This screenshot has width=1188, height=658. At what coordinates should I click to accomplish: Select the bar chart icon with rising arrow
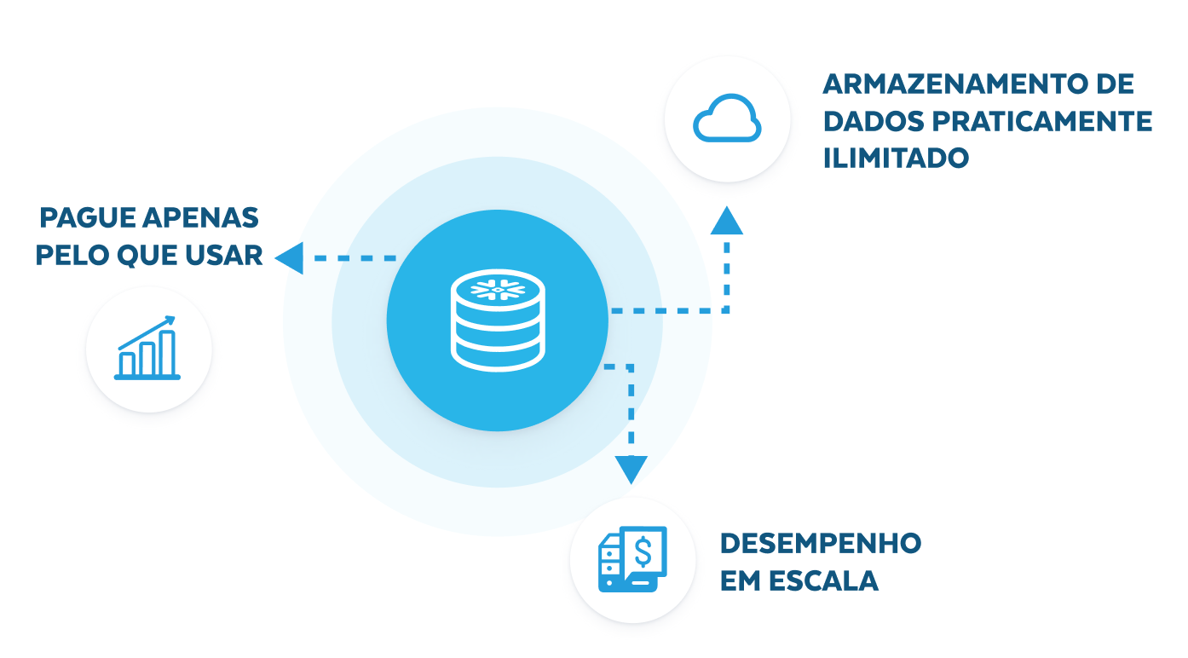click(x=148, y=349)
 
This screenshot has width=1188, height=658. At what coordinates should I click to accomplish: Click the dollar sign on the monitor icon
click(x=643, y=551)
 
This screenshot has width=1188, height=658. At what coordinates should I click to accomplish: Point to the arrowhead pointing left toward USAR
click(x=289, y=257)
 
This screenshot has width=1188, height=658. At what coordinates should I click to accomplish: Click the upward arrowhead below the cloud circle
click(x=726, y=221)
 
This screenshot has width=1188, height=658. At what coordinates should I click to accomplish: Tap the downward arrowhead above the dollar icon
click(x=631, y=468)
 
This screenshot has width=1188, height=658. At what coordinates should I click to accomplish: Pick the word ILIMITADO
click(x=896, y=158)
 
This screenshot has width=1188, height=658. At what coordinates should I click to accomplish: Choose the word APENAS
click(x=201, y=218)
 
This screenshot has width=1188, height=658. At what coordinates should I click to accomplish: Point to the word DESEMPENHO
click(x=821, y=543)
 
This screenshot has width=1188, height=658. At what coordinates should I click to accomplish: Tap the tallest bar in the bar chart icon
click(x=167, y=353)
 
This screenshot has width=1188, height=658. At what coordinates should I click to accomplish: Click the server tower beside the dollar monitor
click(x=610, y=563)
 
